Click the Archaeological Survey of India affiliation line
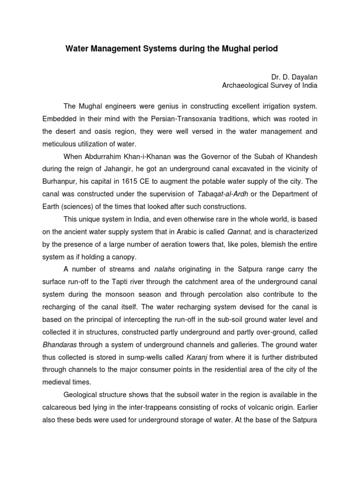[x=270, y=85]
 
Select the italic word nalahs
[x=165, y=269]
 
